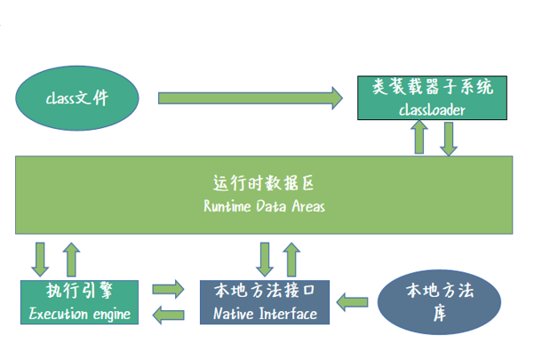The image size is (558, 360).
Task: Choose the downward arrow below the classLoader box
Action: (450, 138)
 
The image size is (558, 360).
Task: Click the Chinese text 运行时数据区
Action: (264, 184)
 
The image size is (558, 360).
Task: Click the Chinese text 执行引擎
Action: (79, 292)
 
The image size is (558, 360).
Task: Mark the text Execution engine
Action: (79, 313)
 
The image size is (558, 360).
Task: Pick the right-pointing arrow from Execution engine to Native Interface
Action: (169, 290)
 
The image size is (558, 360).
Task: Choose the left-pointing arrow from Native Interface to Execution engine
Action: (169, 312)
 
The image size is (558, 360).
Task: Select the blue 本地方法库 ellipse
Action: (437, 302)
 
